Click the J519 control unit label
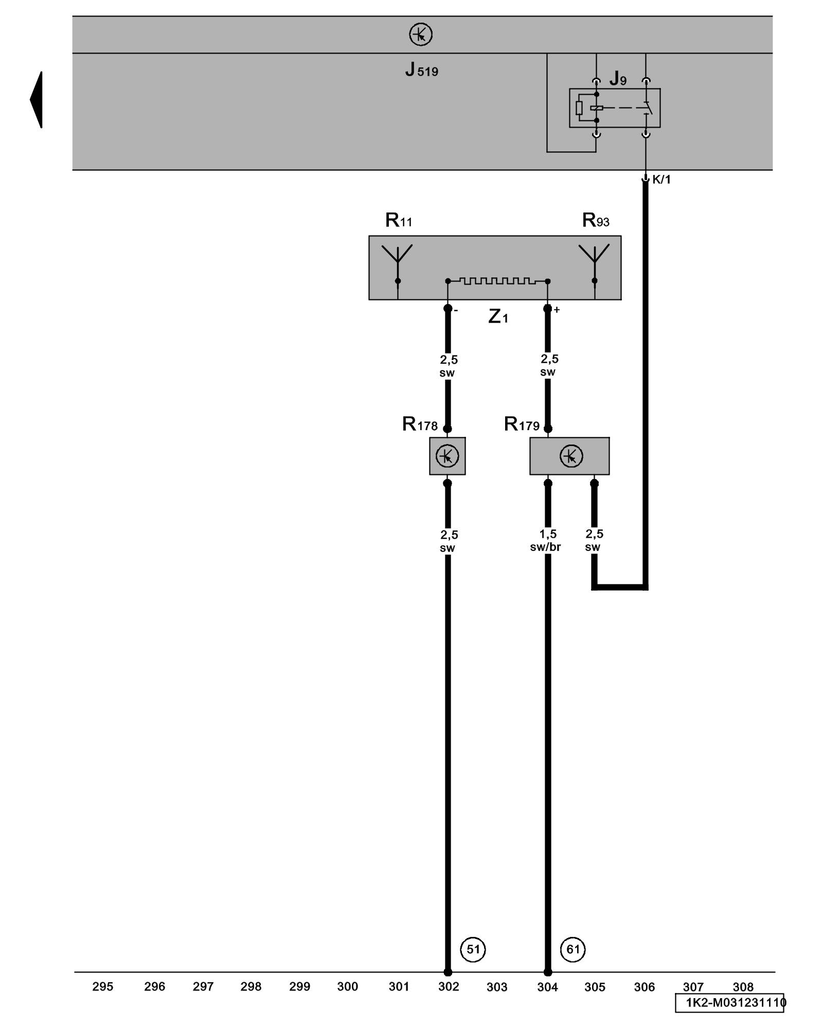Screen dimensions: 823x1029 point(421,69)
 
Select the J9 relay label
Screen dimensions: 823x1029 point(618,79)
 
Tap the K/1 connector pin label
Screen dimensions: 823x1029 point(661,180)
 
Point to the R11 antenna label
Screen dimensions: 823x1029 point(399,221)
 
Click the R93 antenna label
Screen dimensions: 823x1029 point(596,221)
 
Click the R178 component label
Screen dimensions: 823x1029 point(420,424)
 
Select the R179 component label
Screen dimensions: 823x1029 point(522,424)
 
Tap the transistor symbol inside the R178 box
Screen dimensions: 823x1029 point(447,456)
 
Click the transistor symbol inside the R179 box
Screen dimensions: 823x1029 point(571,456)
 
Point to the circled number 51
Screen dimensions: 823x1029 point(473,949)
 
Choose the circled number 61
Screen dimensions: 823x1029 point(573,949)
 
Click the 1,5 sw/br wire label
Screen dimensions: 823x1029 point(546,541)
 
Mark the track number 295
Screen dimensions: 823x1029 point(103,987)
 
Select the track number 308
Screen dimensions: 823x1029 point(743,987)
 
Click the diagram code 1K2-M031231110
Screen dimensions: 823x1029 point(735,1003)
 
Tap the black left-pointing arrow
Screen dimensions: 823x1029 point(37,100)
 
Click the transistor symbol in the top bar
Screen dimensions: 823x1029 point(421,35)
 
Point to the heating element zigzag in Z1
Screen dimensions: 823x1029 point(497,281)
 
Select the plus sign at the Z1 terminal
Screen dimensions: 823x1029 point(557,310)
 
